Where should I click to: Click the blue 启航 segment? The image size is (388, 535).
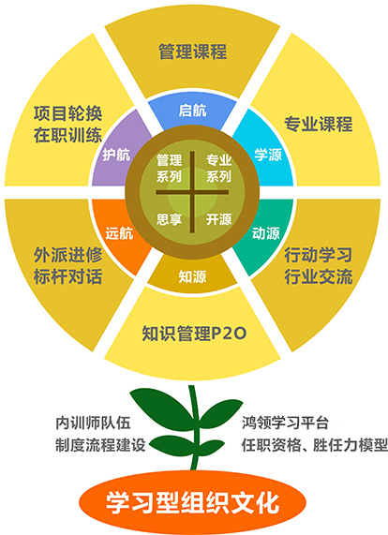[192, 111]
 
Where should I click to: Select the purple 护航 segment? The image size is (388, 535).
[118, 154]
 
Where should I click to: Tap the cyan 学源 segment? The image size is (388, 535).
[268, 154]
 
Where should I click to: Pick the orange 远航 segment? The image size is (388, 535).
[118, 233]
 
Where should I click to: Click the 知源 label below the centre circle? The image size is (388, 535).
[192, 276]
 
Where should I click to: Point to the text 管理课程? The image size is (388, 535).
[192, 52]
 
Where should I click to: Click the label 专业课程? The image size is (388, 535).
[318, 124]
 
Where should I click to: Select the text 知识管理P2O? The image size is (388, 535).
[194, 334]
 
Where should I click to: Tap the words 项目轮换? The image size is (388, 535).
[67, 113]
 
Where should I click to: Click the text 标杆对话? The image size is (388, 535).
[67, 276]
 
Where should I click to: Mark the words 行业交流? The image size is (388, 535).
[318, 276]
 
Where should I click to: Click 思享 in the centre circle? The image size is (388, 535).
[169, 219]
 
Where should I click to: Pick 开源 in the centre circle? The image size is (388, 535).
[218, 219]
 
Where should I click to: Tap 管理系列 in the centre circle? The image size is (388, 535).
[169, 169]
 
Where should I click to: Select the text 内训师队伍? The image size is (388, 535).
[93, 423]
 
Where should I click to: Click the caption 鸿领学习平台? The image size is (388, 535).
[285, 423]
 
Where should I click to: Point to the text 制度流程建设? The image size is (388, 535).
[100, 445]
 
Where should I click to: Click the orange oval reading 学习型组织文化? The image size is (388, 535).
[192, 502]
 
